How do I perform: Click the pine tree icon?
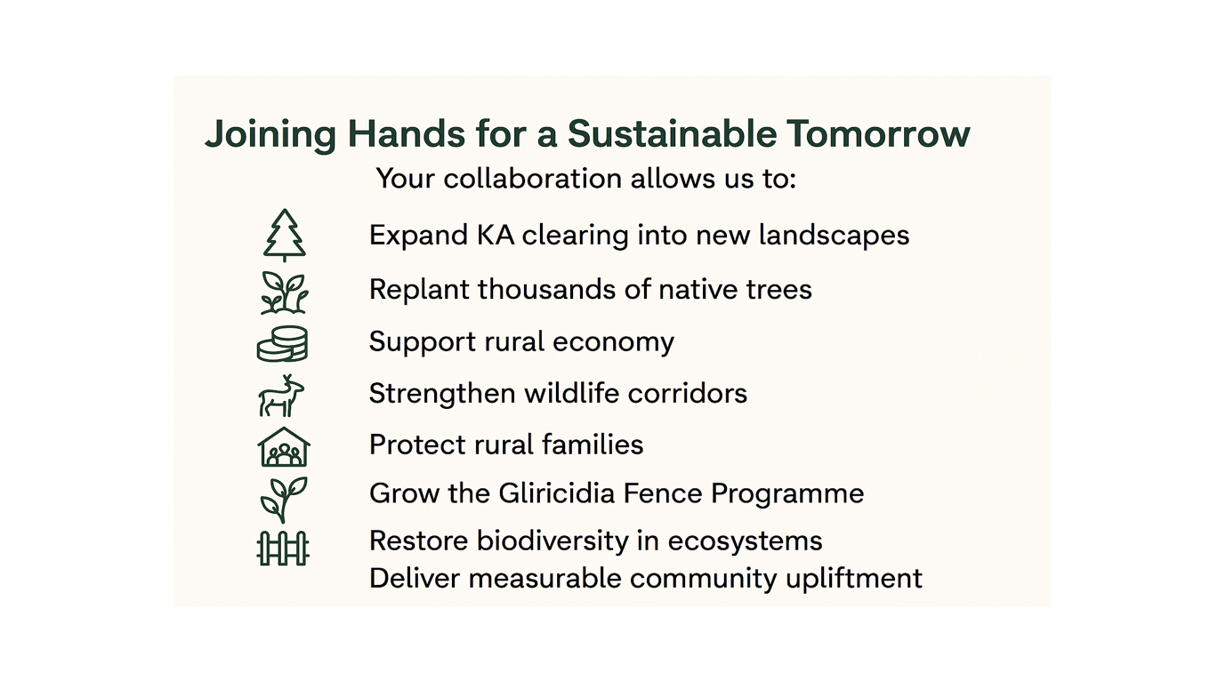(285, 235)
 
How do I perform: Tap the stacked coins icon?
(282, 343)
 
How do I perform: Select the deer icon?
(281, 396)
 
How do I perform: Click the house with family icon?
(284, 447)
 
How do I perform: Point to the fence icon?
(283, 548)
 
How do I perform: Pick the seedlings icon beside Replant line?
(284, 292)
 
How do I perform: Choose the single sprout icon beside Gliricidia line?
(284, 500)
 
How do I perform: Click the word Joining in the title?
(270, 134)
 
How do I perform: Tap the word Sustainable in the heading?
(672, 133)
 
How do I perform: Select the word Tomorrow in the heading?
(878, 133)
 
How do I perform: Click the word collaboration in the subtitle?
(533, 179)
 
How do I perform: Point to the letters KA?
(496, 236)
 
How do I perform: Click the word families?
(593, 445)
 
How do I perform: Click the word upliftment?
(854, 579)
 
